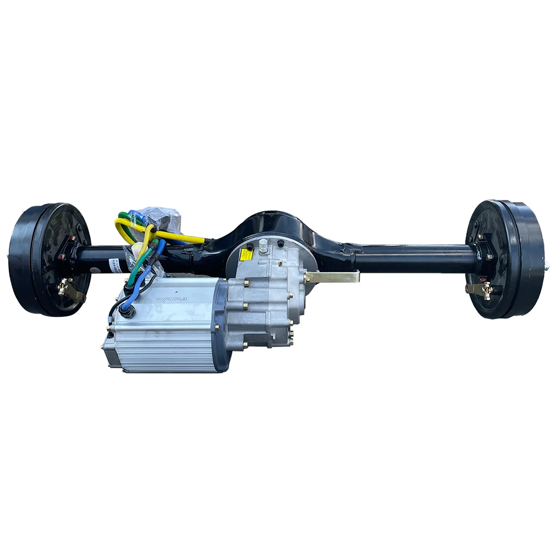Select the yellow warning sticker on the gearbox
[246, 255]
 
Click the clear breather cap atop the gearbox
[264, 245]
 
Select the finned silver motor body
[165, 335]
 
